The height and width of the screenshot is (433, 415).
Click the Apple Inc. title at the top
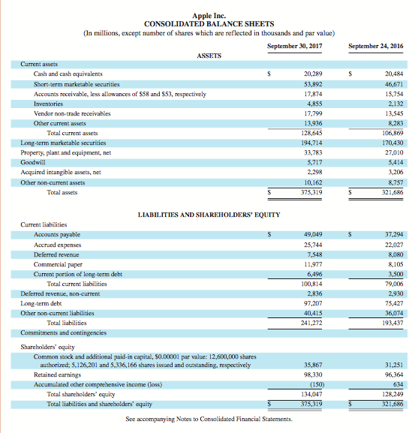(207, 14)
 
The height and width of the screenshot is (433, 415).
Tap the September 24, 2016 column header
(375, 47)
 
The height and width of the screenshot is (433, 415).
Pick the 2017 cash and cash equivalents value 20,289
(314, 74)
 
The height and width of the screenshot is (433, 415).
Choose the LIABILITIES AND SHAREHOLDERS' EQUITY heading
(209, 215)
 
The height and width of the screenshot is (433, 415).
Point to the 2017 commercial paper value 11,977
(314, 264)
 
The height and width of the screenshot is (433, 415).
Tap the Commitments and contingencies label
(64, 332)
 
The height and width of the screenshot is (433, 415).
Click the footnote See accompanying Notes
(207, 418)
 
